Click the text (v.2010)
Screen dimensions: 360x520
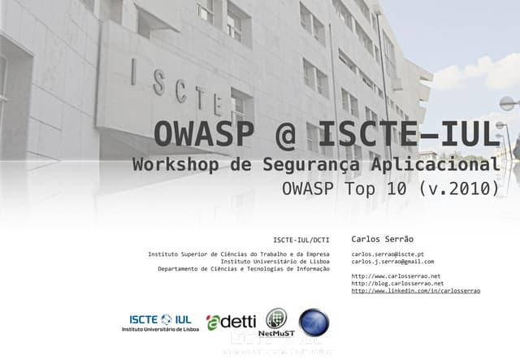(x=458, y=190)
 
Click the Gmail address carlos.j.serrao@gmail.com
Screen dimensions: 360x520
(x=392, y=262)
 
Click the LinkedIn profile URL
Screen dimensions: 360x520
(x=415, y=291)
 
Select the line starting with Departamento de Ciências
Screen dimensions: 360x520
(x=244, y=269)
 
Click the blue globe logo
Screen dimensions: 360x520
(x=314, y=322)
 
